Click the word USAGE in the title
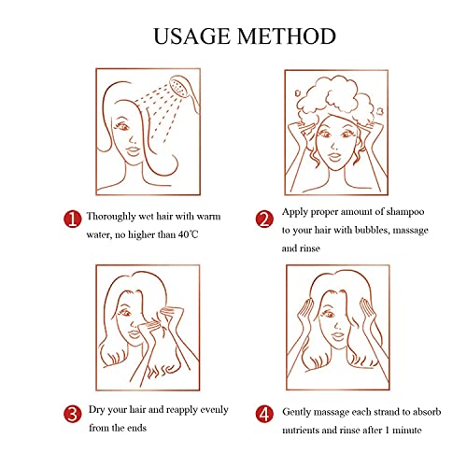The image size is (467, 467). pyautogui.click(x=192, y=36)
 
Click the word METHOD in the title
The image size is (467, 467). pyautogui.click(x=287, y=36)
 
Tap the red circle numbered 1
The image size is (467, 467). pyautogui.click(x=73, y=219)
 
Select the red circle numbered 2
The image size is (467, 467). pyautogui.click(x=264, y=219)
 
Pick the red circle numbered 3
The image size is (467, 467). pyautogui.click(x=73, y=414)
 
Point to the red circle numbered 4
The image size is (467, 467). pyautogui.click(x=264, y=414)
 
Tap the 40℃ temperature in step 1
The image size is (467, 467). pyautogui.click(x=188, y=234)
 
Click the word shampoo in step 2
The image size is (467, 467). pyautogui.click(x=405, y=212)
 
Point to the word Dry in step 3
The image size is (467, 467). pyautogui.click(x=96, y=410)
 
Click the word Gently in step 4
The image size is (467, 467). pyautogui.click(x=296, y=412)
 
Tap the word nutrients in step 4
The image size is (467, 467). pyautogui.click(x=301, y=431)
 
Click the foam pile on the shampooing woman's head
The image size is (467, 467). pyautogui.click(x=335, y=97)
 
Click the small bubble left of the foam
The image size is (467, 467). pyautogui.click(x=298, y=92)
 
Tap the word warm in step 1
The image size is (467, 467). pyautogui.click(x=208, y=217)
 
